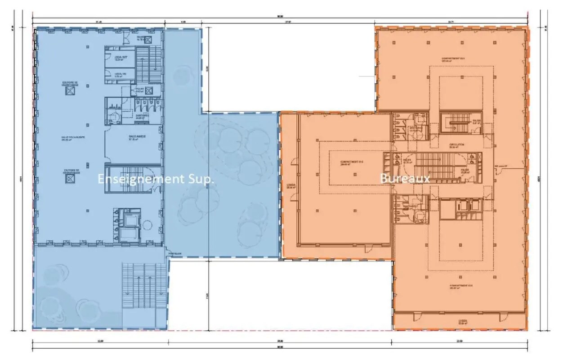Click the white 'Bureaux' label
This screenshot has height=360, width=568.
point(405,178)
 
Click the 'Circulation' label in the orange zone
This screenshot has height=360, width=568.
point(456,145)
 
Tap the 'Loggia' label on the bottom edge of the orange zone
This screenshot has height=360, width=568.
point(463,322)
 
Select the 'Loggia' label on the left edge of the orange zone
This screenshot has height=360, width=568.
point(290,186)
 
